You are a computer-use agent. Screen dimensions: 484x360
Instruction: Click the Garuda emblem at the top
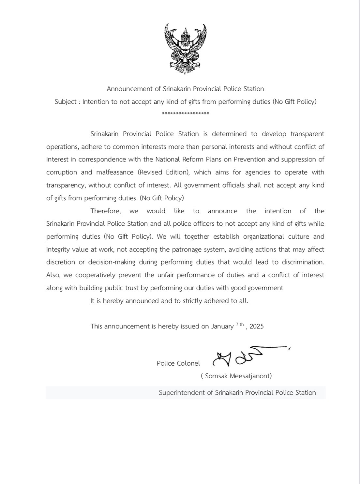185,49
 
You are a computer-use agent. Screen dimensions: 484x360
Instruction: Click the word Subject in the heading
66,101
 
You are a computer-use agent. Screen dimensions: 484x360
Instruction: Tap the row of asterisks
185,113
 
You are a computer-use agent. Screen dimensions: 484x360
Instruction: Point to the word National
167,159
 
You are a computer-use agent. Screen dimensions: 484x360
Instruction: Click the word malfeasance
115,172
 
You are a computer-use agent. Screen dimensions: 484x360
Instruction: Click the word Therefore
105,211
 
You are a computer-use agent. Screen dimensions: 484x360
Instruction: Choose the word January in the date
222,326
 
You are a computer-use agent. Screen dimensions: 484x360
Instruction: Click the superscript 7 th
240,324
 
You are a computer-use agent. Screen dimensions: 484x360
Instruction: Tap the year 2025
257,326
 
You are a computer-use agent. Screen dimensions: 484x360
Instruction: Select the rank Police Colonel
178,363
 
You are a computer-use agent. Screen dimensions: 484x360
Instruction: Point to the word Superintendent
181,393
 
